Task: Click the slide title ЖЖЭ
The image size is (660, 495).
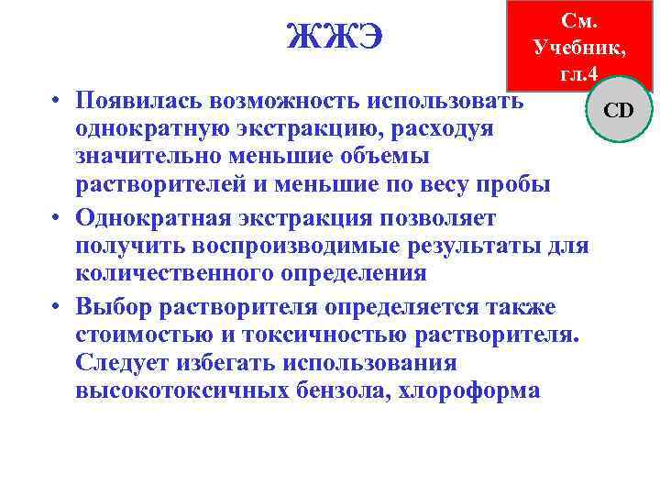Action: pos(335,38)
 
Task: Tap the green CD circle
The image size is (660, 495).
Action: pos(619,111)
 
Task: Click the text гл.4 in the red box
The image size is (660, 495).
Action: pos(579,72)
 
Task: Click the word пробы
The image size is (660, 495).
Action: pos(517,186)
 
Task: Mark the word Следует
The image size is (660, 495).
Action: pos(121,362)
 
